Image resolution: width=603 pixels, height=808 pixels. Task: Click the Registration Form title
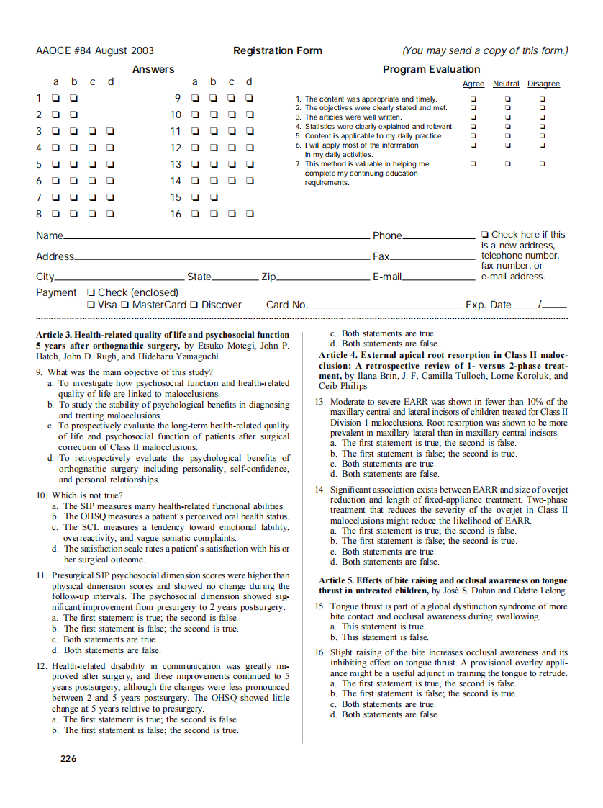pyautogui.click(x=277, y=50)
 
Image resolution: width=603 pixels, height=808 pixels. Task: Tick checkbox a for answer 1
pyautogui.click(x=56, y=98)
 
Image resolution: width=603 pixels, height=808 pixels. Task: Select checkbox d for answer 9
pyautogui.click(x=249, y=98)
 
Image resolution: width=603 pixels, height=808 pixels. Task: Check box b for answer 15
pyautogui.click(x=214, y=197)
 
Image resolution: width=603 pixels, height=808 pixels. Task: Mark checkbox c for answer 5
pyautogui.click(x=92, y=164)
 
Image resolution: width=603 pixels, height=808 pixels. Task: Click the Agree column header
pyautogui.click(x=473, y=84)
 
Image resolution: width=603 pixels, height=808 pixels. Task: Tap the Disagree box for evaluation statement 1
pyautogui.click(x=543, y=99)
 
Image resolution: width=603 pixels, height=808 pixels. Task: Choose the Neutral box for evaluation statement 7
pyautogui.click(x=507, y=163)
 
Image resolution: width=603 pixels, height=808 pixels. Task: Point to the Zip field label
pyautogui.click(x=268, y=277)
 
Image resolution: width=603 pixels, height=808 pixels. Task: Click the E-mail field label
pyautogui.click(x=386, y=277)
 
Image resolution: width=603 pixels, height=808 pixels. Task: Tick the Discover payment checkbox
pyautogui.click(x=194, y=305)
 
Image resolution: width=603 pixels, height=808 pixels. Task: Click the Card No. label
pyautogui.click(x=286, y=305)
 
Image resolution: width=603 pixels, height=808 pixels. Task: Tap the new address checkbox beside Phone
pyautogui.click(x=485, y=235)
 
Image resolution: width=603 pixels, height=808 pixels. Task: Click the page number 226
pyautogui.click(x=68, y=758)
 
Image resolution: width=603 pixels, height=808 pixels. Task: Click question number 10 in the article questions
pyautogui.click(x=42, y=495)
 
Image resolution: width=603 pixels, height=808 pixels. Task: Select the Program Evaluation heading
pyautogui.click(x=431, y=69)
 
